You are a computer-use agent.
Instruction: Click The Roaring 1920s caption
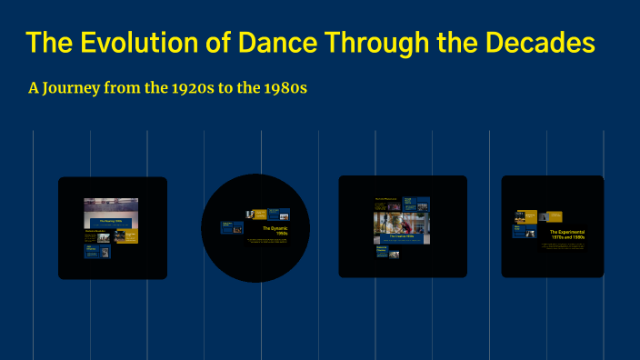(x=111, y=221)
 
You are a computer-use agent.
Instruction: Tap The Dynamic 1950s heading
(x=276, y=231)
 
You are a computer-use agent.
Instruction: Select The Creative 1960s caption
(x=401, y=236)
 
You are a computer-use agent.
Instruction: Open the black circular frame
(x=255, y=227)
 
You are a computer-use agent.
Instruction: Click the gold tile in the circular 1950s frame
(x=260, y=215)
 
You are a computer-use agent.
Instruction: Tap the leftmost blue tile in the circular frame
(x=232, y=228)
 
